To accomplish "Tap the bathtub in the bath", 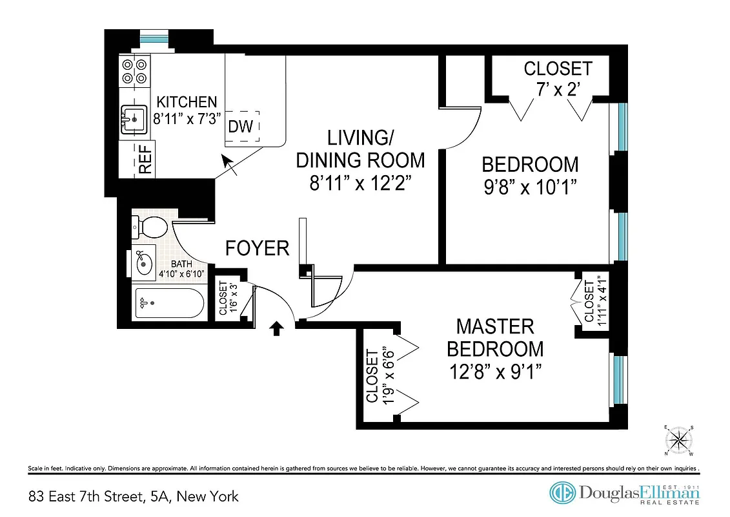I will [x=169, y=302].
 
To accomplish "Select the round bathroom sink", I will [x=145, y=263].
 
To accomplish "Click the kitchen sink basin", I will [x=134, y=120].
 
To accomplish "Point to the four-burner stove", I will [x=134, y=71].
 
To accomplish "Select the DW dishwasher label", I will [x=241, y=126].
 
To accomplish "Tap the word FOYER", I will [x=257, y=248].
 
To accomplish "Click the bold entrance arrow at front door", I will [x=276, y=329].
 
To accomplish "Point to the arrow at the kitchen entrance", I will [x=228, y=165].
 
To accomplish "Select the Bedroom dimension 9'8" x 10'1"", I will [x=530, y=187].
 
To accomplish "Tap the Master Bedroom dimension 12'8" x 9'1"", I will [x=495, y=372].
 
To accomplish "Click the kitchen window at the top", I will [x=154, y=37].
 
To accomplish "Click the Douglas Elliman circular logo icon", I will [x=563, y=493].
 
